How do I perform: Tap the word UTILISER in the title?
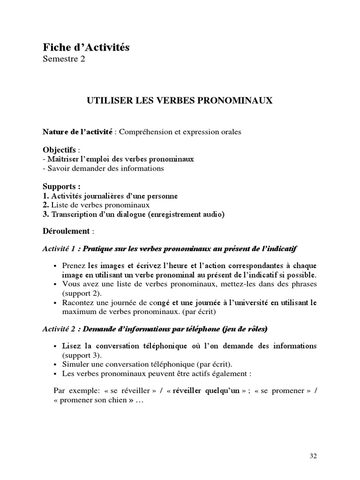pos(104,100)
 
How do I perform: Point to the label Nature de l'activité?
pos(77,132)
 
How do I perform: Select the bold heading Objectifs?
pos(59,150)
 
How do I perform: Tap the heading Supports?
pos(60,186)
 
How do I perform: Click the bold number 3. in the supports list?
pos(45,214)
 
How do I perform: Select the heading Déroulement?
pos(66,231)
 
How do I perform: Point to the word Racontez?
pos(77,303)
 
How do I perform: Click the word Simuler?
pos(75,365)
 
